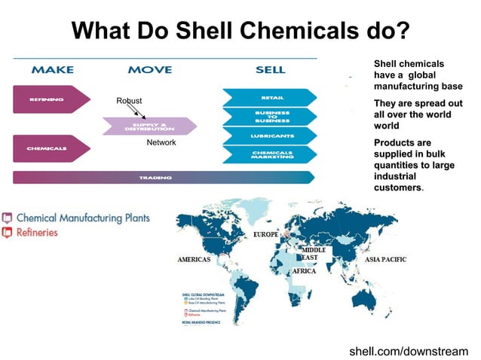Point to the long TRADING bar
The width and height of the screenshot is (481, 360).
162,178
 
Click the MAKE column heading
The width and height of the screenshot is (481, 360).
53,70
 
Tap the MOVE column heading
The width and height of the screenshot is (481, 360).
149,70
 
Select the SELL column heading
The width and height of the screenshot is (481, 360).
270,70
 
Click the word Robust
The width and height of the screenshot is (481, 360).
129,101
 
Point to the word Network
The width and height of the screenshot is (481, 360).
161,142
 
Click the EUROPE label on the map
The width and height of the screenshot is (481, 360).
265,235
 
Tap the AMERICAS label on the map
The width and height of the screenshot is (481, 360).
194,259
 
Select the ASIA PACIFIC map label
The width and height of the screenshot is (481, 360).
385,259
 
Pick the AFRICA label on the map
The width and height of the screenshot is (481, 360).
304,270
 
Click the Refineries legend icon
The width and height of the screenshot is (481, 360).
8,233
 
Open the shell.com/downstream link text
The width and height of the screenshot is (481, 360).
409,351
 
